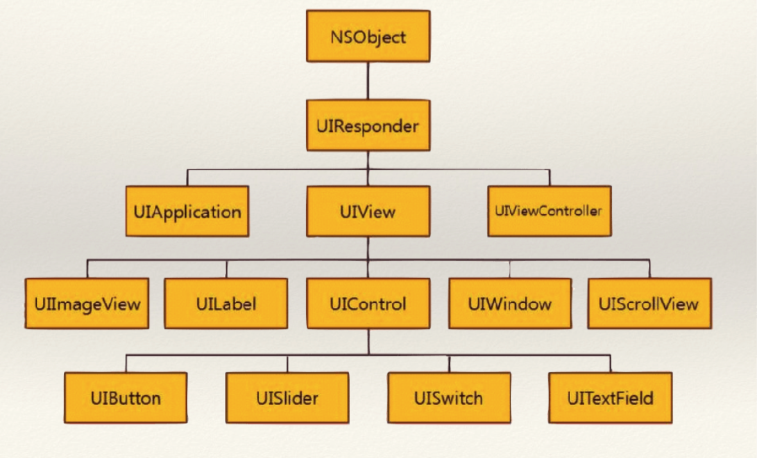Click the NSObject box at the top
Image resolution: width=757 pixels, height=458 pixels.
tap(368, 37)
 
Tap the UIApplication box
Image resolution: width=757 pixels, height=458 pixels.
tap(187, 210)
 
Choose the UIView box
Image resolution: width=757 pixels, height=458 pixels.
tap(368, 212)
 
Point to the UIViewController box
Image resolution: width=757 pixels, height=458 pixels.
tap(548, 210)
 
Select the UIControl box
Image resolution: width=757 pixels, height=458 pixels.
tap(368, 303)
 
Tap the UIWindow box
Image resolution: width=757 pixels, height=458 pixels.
tap(510, 302)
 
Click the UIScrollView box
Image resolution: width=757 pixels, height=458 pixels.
tap(648, 302)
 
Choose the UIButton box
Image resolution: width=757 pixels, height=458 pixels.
tap(126, 397)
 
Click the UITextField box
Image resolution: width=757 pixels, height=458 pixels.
tap(609, 397)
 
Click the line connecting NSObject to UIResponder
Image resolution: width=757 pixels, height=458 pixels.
tap(368, 82)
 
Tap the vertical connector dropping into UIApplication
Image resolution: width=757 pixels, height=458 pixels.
tap(187, 178)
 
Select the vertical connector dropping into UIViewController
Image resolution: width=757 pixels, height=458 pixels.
tap(550, 178)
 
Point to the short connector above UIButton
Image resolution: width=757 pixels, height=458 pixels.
tap(126, 363)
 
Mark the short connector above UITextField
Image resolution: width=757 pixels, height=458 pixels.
tap(609, 363)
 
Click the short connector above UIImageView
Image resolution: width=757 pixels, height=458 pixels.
tap(88, 269)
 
